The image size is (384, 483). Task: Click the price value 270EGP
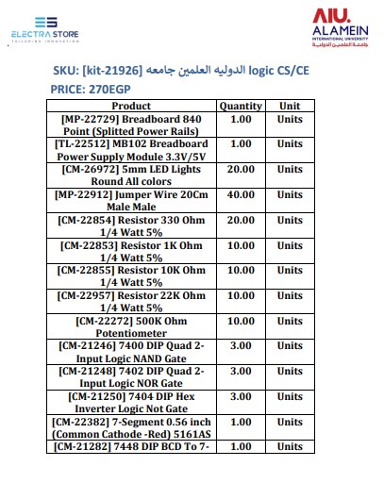click(112, 90)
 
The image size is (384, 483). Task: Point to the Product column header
click(130, 107)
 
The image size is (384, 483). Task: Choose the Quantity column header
click(241, 107)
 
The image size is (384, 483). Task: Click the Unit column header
click(290, 107)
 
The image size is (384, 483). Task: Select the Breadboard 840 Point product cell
click(130, 125)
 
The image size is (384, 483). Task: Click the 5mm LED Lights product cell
click(130, 175)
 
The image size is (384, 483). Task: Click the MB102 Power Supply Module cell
click(130, 150)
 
